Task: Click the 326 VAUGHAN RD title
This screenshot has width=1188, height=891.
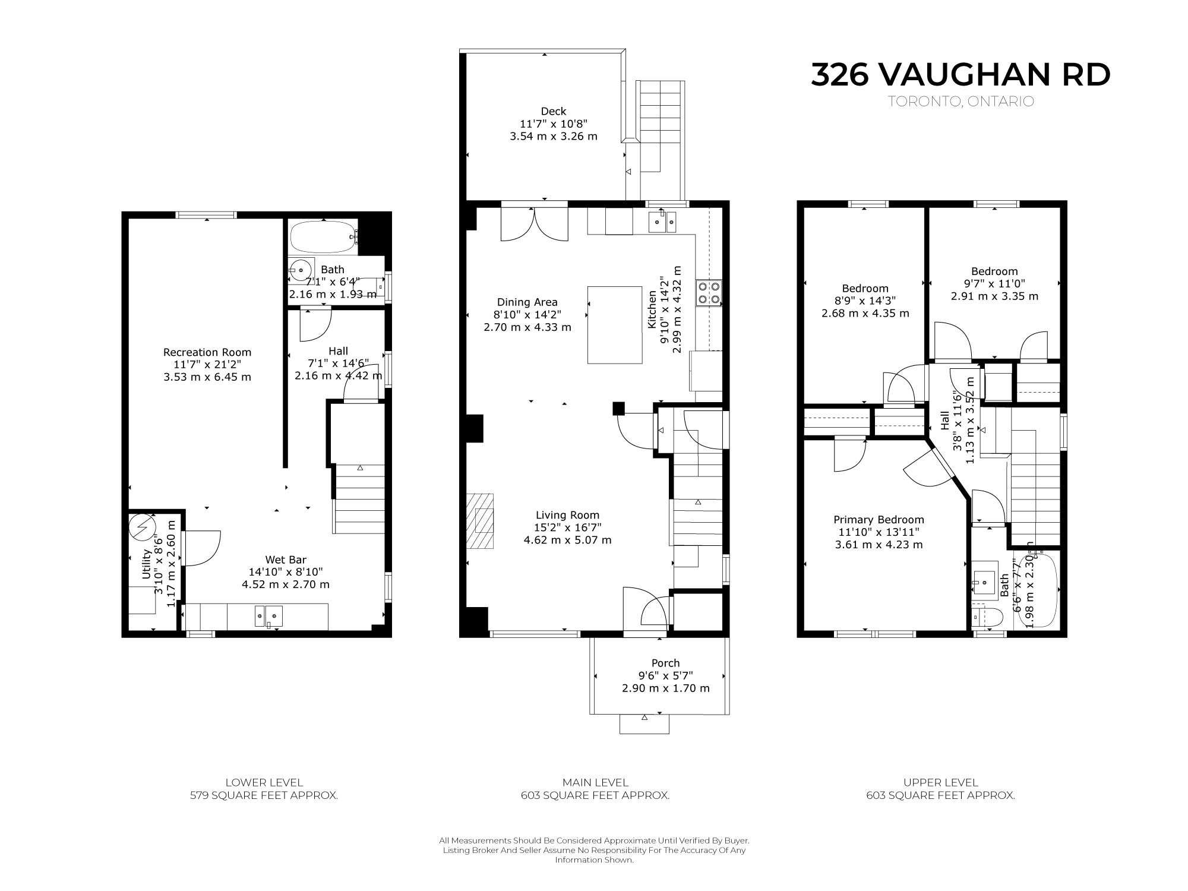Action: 960,75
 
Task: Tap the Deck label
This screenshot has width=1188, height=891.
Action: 553,111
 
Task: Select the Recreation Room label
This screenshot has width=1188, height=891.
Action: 207,352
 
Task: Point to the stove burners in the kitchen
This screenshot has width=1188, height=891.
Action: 709,292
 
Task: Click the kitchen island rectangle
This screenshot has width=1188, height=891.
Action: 615,325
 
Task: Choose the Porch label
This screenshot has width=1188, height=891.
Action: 665,663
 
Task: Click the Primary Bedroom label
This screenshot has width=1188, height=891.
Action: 879,520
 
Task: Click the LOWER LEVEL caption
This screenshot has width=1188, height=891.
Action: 264,782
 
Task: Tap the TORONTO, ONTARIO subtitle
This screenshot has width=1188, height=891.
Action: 961,102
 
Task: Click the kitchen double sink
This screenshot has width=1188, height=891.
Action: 662,221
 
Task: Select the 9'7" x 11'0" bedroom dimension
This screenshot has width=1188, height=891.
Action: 994,284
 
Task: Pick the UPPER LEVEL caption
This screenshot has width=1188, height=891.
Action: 940,782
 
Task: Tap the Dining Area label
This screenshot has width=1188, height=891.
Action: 527,302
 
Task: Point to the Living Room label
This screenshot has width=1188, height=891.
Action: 567,515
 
